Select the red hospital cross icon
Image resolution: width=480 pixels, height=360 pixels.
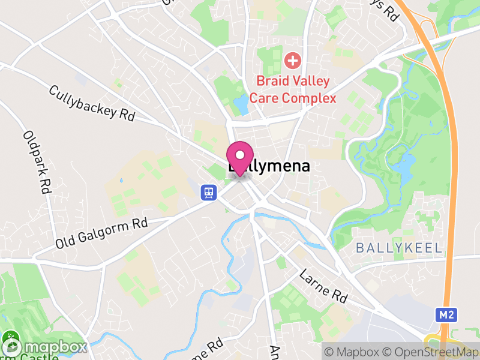293,60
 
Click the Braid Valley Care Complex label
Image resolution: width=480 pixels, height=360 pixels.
293,89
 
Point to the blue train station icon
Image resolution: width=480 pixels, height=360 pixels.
208,191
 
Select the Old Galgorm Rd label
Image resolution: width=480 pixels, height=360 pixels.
101,233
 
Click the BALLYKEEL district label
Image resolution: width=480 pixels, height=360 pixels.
399,248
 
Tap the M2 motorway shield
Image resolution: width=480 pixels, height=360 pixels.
444,314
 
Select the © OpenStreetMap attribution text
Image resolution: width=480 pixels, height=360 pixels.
433,350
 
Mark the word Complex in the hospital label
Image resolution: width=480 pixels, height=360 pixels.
309,98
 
